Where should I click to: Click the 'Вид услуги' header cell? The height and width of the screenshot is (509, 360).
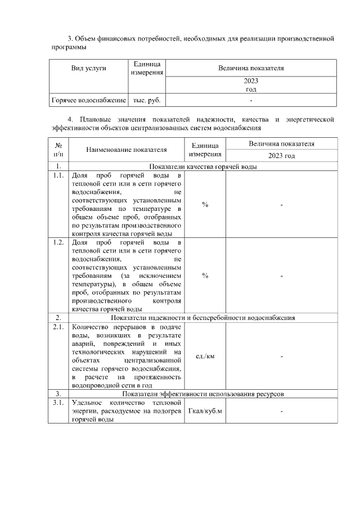(x=88, y=68)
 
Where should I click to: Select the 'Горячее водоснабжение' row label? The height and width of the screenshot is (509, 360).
(x=88, y=100)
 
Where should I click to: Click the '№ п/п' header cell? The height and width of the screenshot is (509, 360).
(x=58, y=150)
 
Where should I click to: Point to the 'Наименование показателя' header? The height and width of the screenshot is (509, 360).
(x=127, y=150)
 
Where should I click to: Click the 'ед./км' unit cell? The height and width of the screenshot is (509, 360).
(x=205, y=357)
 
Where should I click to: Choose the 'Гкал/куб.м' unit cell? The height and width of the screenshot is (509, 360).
(x=205, y=412)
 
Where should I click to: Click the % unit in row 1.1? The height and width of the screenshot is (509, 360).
(x=205, y=205)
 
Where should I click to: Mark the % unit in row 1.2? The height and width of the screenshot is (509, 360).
(x=205, y=276)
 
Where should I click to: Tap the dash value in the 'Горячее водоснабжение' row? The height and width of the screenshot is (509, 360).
(x=251, y=100)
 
